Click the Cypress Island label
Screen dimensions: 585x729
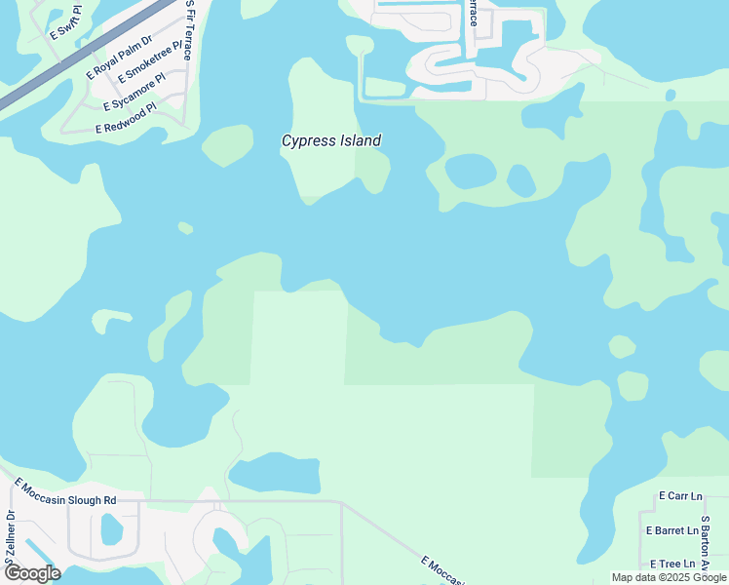(x=330, y=140)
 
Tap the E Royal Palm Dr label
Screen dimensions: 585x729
(x=120, y=57)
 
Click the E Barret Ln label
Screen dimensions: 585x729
(x=672, y=531)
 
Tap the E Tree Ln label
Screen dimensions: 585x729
(x=672, y=564)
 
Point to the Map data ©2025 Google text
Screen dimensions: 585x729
(x=670, y=577)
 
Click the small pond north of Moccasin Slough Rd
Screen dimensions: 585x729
(x=274, y=474)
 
